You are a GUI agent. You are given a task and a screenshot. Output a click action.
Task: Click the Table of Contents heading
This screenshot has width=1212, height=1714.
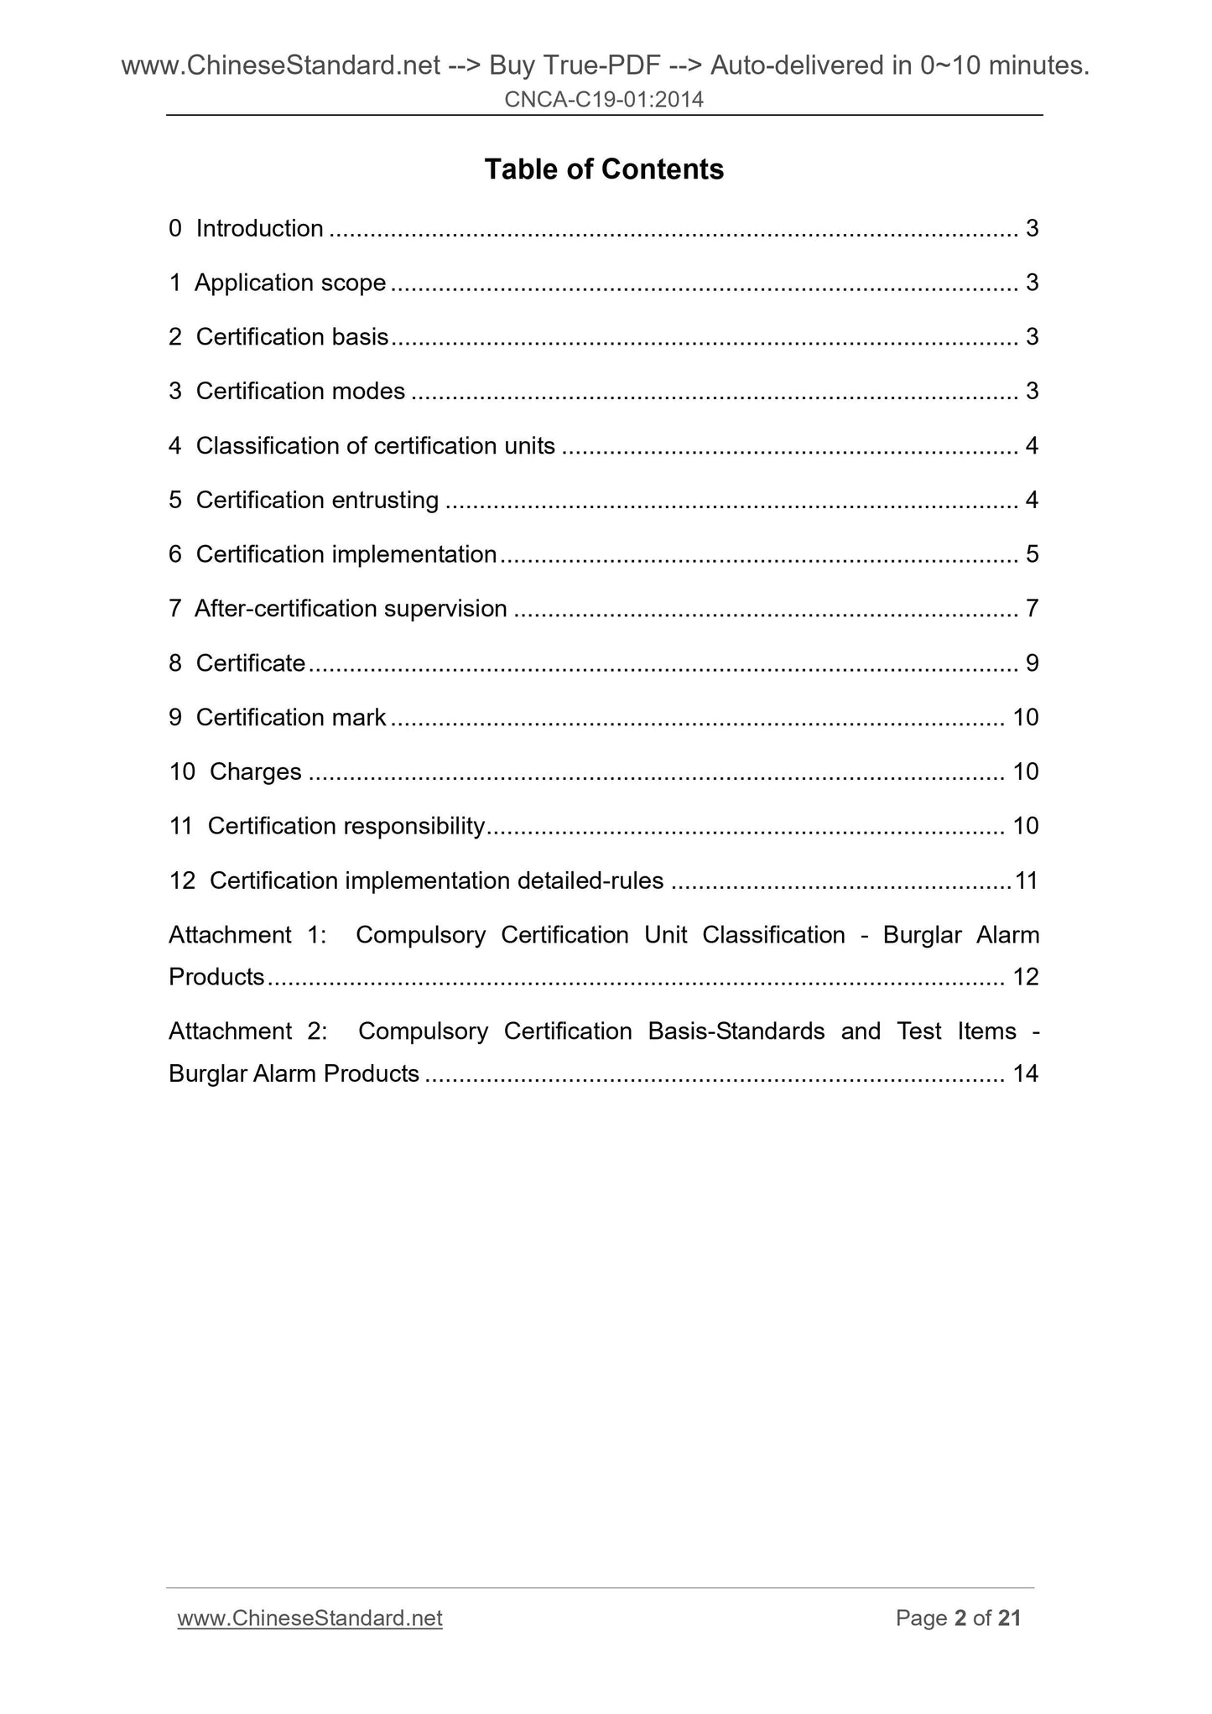604,169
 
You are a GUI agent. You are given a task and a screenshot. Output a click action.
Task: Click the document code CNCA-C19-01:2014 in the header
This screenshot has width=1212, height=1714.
604,100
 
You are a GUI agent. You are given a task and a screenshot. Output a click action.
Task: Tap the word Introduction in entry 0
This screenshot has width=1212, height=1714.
259,228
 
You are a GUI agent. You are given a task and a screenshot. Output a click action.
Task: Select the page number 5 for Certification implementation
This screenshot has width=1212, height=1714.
1032,554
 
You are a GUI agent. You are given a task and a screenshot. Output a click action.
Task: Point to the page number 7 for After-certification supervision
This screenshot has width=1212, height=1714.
1032,609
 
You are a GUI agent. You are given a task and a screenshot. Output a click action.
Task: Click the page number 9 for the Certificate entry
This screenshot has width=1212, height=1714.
1032,663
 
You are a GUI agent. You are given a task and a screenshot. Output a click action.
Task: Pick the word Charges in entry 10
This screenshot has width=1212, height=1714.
255,771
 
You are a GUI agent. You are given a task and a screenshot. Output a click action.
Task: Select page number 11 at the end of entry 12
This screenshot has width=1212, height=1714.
1027,880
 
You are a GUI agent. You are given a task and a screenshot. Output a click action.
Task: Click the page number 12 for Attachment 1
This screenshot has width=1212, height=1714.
1026,977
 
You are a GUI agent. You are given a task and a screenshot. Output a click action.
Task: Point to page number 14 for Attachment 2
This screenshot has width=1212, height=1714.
1026,1073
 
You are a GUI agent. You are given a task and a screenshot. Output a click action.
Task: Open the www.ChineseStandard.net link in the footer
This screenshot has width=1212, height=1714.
310,1618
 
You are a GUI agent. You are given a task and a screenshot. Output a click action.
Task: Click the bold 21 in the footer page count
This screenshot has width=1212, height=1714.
1010,1618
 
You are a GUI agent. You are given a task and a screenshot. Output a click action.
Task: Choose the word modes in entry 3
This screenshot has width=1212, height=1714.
368,391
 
